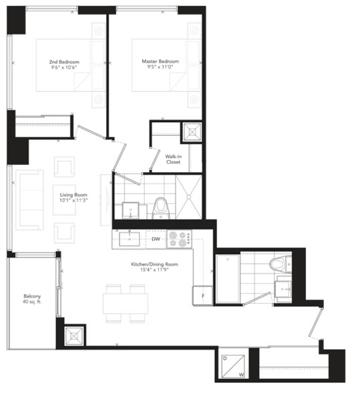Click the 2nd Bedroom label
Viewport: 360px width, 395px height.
coord(64,61)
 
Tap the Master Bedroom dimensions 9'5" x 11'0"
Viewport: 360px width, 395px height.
coord(160,67)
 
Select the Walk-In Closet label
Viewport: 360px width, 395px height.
coord(174,159)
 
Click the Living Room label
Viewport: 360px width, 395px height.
coord(73,195)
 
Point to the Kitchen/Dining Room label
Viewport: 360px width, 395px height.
coord(154,264)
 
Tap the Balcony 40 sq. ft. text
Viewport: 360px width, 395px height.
coord(32,299)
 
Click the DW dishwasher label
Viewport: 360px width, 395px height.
coord(156,239)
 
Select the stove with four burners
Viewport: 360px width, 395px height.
coord(179,239)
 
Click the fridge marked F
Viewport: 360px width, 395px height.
coord(202,296)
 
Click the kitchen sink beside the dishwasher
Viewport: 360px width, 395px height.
coord(130,239)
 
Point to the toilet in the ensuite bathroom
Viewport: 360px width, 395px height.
coord(160,208)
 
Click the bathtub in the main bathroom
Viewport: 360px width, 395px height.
coord(228,278)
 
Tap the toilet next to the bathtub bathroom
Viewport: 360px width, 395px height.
coord(281,264)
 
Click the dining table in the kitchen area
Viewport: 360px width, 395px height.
coord(126,304)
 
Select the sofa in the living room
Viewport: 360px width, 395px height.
coord(29,200)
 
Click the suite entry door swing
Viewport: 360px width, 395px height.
coord(316,322)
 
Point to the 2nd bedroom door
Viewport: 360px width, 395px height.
coord(91,131)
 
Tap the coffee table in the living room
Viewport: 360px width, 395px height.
coord(64,200)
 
